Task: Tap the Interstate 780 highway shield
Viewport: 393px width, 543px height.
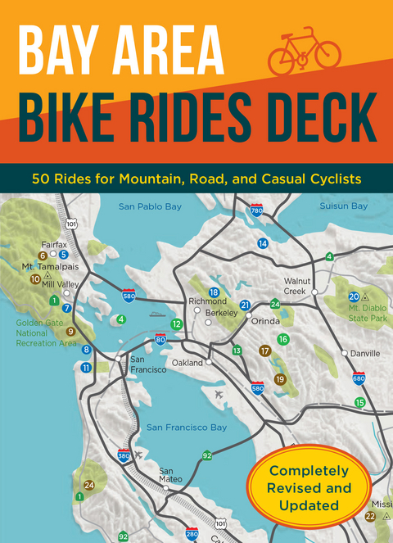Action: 257,210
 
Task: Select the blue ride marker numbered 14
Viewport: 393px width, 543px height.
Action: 263,243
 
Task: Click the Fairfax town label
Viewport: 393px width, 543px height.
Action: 55,243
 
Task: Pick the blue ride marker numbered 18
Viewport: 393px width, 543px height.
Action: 214,292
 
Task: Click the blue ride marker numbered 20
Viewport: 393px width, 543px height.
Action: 354,296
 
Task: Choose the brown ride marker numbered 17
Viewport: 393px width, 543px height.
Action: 264,351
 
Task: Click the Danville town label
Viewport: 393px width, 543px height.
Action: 365,354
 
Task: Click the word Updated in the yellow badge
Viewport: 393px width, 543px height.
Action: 312,505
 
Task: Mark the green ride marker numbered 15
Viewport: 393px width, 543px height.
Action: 359,402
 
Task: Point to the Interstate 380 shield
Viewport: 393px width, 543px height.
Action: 123,455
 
